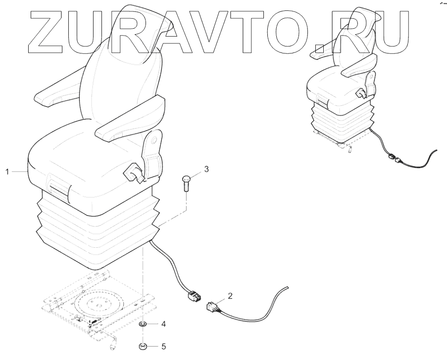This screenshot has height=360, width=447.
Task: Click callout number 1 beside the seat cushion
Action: coord(7,172)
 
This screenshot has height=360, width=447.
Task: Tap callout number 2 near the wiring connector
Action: coord(230,297)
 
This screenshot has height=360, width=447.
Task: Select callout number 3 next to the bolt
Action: coord(206,169)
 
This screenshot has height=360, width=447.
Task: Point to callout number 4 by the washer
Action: coord(163,324)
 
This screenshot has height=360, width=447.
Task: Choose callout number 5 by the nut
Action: coord(163,346)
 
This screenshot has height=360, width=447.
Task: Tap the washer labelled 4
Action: coord(142,325)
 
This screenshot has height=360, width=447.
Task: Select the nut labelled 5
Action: coord(142,346)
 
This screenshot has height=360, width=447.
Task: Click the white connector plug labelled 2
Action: coord(212,307)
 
